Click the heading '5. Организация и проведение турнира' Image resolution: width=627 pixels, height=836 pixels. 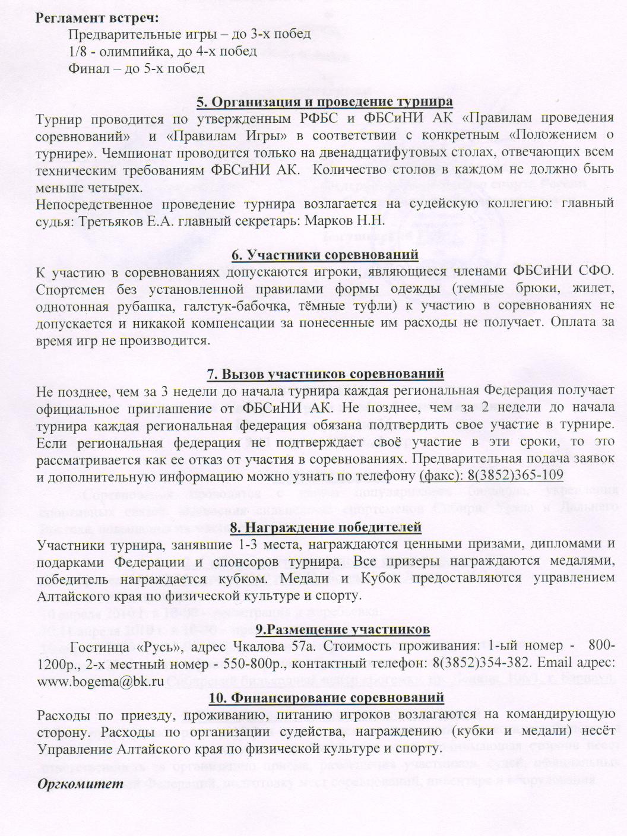pyautogui.click(x=325, y=102)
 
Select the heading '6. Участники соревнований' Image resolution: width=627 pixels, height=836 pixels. pyautogui.click(x=325, y=255)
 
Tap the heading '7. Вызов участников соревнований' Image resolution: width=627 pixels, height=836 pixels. pyautogui.click(x=325, y=374)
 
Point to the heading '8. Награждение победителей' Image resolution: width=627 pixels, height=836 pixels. pyautogui.click(x=325, y=527)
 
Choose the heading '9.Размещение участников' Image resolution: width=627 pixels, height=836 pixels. pyautogui.click(x=325, y=629)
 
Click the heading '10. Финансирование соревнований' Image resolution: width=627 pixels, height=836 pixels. pyautogui.click(x=325, y=696)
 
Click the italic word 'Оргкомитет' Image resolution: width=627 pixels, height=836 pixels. pyautogui.click(x=81, y=784)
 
